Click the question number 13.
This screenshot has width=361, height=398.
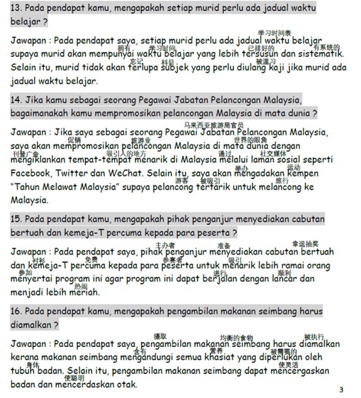[x=16, y=8]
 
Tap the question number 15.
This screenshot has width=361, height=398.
[x=17, y=219]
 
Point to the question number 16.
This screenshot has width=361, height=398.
[x=17, y=311]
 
